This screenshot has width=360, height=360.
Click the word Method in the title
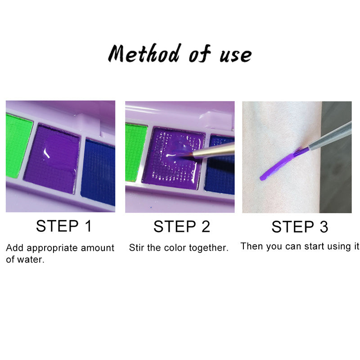pos(144,53)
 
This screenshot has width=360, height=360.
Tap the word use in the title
pos(236,55)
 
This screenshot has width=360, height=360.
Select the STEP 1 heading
pos(64,226)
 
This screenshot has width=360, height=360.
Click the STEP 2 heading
pos(182,227)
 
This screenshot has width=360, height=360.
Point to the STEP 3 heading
pos(300,227)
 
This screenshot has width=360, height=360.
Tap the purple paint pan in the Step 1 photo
pos(52,159)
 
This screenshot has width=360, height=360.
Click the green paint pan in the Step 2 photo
pos(135,152)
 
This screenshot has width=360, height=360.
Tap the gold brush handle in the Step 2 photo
pos(213,150)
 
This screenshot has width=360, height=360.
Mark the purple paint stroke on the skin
pos(284,164)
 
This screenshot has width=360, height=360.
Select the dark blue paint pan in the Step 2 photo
pos(220,165)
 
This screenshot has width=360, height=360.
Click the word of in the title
pos(200,54)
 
